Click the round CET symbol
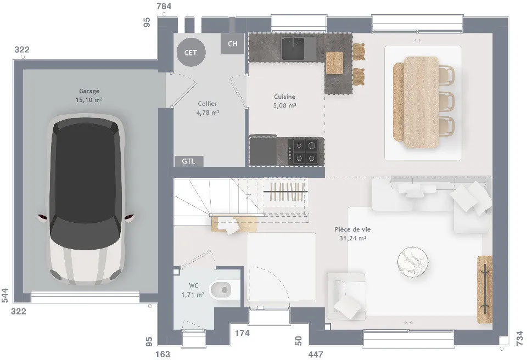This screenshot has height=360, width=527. point(191,53)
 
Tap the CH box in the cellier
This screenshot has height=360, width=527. point(232,44)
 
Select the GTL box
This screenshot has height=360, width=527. point(189,161)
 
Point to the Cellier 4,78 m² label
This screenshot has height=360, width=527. point(208,108)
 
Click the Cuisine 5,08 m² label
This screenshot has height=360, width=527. point(285,101)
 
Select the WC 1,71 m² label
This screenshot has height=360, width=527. point(193,290)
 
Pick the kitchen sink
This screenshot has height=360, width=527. point(293,48)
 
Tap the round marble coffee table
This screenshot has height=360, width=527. point(413,262)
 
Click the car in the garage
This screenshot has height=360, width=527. point(86,200)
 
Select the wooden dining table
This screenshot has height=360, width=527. point(422,103)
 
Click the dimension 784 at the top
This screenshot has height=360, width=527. point(164,6)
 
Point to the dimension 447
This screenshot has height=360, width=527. point(316,355)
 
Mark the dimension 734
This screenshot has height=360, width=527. point(520,338)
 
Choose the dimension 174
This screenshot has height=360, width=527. point(242,333)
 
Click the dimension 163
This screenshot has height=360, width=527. point(163,355)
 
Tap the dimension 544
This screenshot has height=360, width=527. point(5,295)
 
